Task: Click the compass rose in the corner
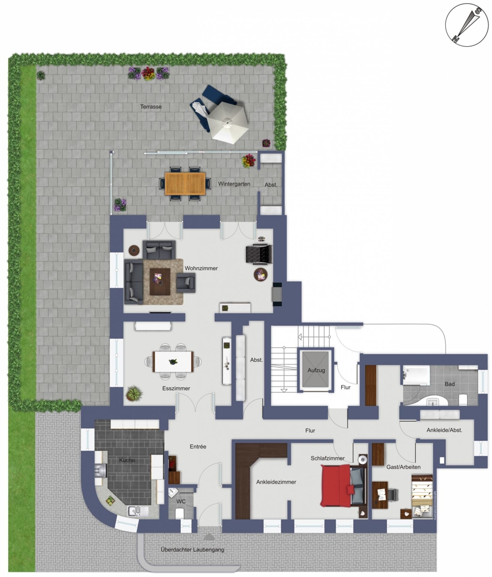click(467, 25)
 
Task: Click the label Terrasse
click(151, 107)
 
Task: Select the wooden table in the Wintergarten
click(185, 183)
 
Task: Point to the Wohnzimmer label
click(201, 268)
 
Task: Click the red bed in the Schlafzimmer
click(336, 485)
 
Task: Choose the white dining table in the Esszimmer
click(173, 362)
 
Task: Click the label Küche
click(126, 460)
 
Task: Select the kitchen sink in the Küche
click(138, 511)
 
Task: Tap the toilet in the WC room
click(180, 513)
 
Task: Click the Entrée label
click(197, 447)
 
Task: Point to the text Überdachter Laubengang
click(192, 549)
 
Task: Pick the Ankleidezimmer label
click(276, 482)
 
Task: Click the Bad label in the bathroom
click(450, 384)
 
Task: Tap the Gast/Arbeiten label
click(403, 467)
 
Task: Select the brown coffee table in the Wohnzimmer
click(160, 281)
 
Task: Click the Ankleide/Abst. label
click(444, 430)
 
